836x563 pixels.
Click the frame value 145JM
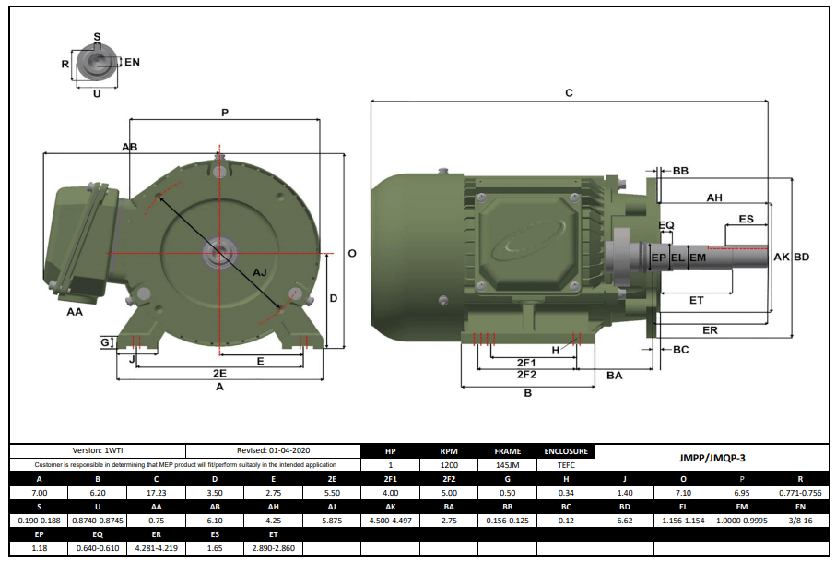507,465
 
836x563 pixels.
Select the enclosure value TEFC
566,465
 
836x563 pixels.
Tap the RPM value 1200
448,465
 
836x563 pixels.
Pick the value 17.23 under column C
156,494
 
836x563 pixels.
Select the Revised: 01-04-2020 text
272,450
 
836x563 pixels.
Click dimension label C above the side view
569,93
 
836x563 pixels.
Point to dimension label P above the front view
225,113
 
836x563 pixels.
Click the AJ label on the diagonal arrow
260,272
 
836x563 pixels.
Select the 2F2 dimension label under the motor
526,375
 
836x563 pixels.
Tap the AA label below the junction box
76,313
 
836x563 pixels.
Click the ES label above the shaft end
747,220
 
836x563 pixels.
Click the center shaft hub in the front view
219,251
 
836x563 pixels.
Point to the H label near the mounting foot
556,350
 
